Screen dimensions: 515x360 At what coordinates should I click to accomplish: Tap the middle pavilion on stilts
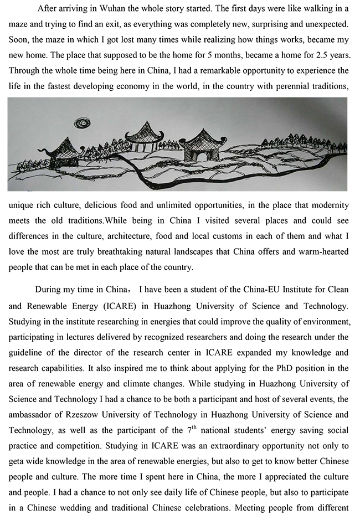(x=144, y=137)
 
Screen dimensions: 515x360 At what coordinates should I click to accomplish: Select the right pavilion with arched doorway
(x=202, y=147)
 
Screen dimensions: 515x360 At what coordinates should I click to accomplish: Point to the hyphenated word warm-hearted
(x=323, y=251)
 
